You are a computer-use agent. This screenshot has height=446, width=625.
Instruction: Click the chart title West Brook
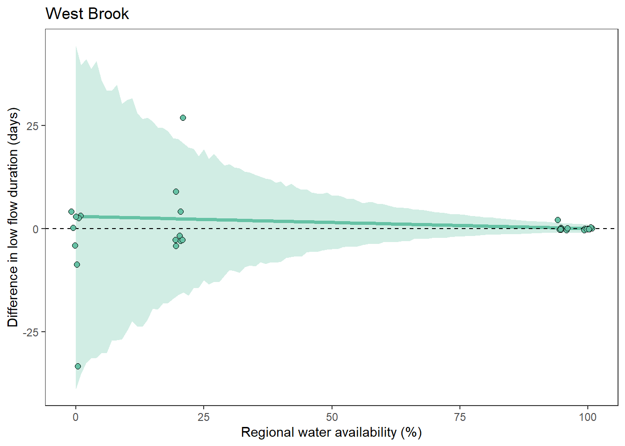pyautogui.click(x=87, y=14)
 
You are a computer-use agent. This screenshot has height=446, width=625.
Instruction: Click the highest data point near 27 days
pyautogui.click(x=183, y=118)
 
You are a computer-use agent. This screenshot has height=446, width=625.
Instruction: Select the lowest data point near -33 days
pyautogui.click(x=78, y=367)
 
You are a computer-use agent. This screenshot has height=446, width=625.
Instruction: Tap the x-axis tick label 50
pyautogui.click(x=332, y=417)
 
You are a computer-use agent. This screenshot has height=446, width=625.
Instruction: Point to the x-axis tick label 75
pyautogui.click(x=459, y=417)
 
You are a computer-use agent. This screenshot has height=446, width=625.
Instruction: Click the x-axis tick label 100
pyautogui.click(x=587, y=417)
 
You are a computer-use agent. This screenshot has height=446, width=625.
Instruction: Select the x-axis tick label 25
pyautogui.click(x=204, y=417)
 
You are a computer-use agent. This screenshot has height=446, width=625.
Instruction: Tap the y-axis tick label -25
pyautogui.click(x=32, y=332)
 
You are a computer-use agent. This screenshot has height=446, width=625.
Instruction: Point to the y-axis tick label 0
pyautogui.click(x=36, y=229)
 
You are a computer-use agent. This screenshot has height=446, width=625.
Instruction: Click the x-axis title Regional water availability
pyautogui.click(x=331, y=433)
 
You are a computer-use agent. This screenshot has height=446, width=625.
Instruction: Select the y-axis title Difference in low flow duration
pyautogui.click(x=13, y=217)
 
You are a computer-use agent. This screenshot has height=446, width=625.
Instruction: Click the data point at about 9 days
pyautogui.click(x=176, y=192)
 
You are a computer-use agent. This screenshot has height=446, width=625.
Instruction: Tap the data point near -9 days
pyautogui.click(x=77, y=265)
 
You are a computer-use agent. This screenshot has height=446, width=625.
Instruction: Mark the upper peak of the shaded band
pyautogui.click(x=76, y=46)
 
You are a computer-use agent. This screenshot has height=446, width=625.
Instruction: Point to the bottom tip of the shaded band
pyautogui.click(x=76, y=388)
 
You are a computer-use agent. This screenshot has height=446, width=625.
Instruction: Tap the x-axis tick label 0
pyautogui.click(x=76, y=417)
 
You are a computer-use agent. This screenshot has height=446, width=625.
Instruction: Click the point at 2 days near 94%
pyautogui.click(x=558, y=220)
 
